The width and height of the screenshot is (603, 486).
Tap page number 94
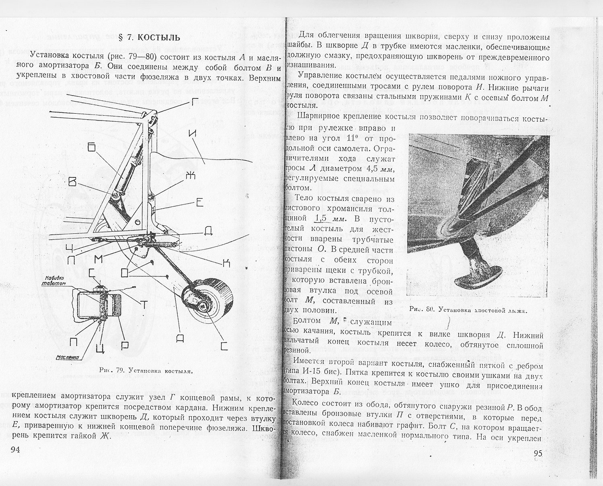click(15, 449)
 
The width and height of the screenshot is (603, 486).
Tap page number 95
click(538, 453)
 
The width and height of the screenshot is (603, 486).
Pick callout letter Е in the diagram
click(200, 203)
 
